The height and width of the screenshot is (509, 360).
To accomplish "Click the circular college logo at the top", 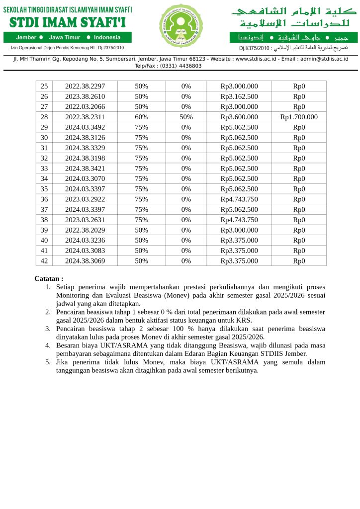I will (181, 26).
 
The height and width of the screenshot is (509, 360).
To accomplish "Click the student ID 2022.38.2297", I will (85, 86).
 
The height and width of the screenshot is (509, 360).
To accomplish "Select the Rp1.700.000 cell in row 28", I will (299, 117).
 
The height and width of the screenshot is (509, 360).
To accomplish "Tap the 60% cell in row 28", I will (142, 117).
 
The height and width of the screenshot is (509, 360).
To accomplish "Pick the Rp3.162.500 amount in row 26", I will (239, 96).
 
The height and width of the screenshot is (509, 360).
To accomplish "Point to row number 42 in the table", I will (44, 261).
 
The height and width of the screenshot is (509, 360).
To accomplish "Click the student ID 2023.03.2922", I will (85, 199).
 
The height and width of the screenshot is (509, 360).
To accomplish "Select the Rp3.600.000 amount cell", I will (239, 117).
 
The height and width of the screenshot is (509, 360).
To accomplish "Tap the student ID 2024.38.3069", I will (85, 261).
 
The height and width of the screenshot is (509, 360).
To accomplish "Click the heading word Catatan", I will (48, 279).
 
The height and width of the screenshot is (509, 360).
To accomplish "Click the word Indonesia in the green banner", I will (107, 37).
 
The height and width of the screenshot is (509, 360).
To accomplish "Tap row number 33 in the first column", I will (44, 169).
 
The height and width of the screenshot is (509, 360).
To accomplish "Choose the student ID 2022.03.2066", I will (85, 107).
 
